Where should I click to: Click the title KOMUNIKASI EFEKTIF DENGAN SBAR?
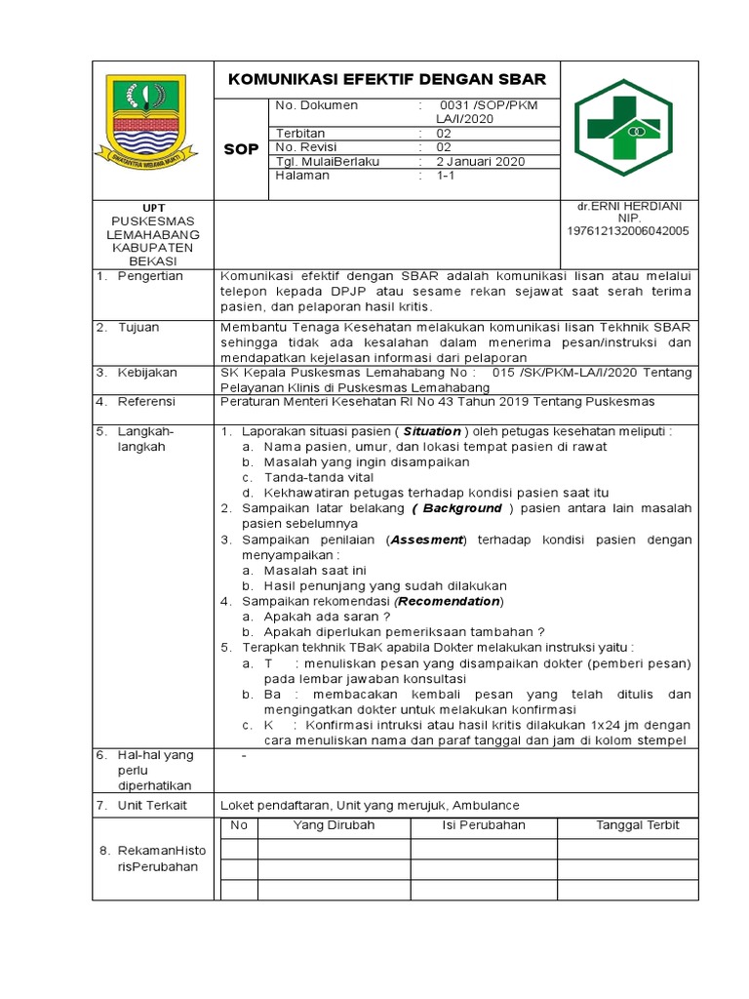click(x=387, y=79)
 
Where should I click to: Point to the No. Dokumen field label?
click(x=317, y=105)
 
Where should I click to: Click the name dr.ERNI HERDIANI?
click(x=629, y=206)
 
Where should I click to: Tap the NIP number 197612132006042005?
click(x=628, y=231)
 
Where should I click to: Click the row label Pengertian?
click(x=150, y=276)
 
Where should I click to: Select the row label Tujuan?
click(x=138, y=327)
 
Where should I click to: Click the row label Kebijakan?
click(x=145, y=372)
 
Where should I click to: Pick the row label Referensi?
click(x=146, y=401)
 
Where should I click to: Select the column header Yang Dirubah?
click(x=334, y=825)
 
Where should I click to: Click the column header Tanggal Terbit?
click(x=638, y=825)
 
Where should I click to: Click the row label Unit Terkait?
click(x=152, y=805)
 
